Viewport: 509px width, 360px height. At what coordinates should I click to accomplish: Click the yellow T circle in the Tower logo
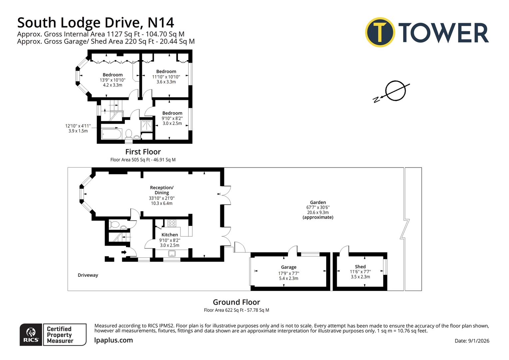(x=380, y=32)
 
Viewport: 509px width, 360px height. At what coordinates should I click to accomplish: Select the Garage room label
(x=288, y=267)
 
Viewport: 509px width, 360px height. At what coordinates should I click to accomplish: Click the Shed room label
(x=360, y=267)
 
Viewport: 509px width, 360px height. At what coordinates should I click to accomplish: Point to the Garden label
(x=318, y=202)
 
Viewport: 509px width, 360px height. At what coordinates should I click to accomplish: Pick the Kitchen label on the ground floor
(x=170, y=235)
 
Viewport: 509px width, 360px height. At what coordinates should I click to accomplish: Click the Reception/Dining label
(x=162, y=190)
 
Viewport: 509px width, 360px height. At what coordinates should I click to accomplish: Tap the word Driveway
(x=88, y=275)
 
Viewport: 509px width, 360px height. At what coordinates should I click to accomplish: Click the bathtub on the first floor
(x=112, y=134)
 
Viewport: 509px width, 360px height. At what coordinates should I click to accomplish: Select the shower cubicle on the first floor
(x=147, y=126)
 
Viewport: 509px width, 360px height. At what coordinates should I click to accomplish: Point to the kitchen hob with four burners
(x=172, y=223)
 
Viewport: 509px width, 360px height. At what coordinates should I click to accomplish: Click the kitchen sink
(x=172, y=254)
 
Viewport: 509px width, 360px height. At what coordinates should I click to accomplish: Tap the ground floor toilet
(x=114, y=224)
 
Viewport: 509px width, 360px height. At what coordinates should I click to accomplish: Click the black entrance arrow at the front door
(x=124, y=252)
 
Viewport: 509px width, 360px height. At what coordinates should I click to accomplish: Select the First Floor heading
(x=143, y=152)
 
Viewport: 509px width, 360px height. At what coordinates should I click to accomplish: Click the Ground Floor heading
(x=236, y=302)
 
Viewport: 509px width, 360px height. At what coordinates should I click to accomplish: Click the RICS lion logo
(x=31, y=334)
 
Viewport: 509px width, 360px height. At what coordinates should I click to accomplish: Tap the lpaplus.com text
(x=114, y=340)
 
